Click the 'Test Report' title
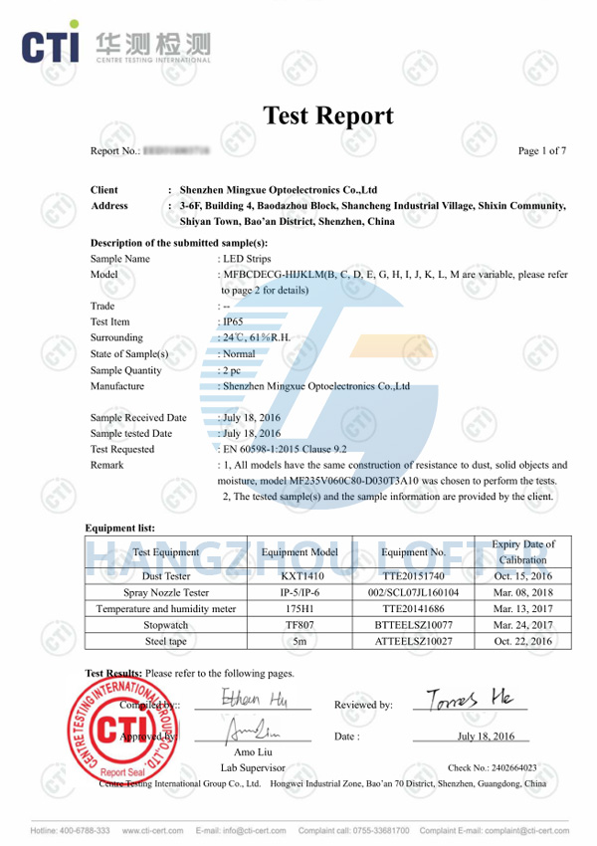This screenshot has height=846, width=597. (x=327, y=115)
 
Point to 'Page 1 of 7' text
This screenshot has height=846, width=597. (x=542, y=151)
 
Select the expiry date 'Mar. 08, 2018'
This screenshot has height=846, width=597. (x=523, y=592)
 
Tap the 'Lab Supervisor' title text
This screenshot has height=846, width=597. (x=253, y=767)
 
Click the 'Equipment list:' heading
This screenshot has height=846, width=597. (x=120, y=528)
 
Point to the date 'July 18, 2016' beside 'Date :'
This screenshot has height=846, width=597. (x=486, y=737)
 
